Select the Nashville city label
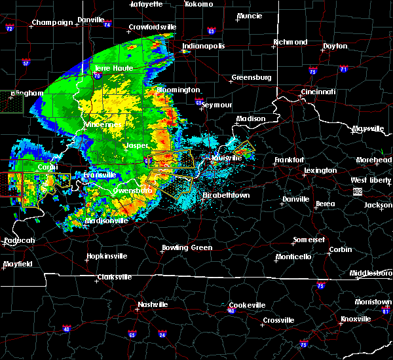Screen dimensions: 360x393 [153, 304]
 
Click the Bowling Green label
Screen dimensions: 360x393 [187, 248]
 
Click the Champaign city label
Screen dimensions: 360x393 [53, 22]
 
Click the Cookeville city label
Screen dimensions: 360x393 [247, 305]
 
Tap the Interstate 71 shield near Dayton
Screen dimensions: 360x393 [344, 68]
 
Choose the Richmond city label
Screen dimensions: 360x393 [290, 42]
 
